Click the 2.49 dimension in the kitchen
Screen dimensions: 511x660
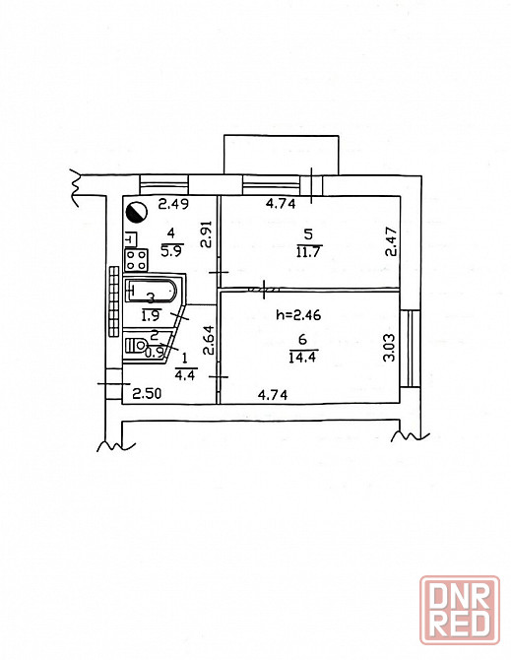pos(173,205)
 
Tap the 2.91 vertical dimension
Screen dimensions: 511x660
pos(206,234)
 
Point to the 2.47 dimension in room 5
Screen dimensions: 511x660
pos(391,242)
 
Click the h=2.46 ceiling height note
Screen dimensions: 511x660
pos(298,314)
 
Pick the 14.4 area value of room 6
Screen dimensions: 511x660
pos(302,358)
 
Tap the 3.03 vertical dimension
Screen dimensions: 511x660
pos(389,348)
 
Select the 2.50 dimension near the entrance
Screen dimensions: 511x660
pos(147,394)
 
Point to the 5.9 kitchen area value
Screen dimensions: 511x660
pos(171,251)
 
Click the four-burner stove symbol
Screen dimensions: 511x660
pos(136,260)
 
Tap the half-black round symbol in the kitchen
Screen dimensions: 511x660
pos(136,212)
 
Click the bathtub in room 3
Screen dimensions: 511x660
pos(151,291)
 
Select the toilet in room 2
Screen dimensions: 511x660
pos(136,345)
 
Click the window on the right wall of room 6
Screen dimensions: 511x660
pos(410,348)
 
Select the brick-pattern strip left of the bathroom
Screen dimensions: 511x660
pos(113,301)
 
